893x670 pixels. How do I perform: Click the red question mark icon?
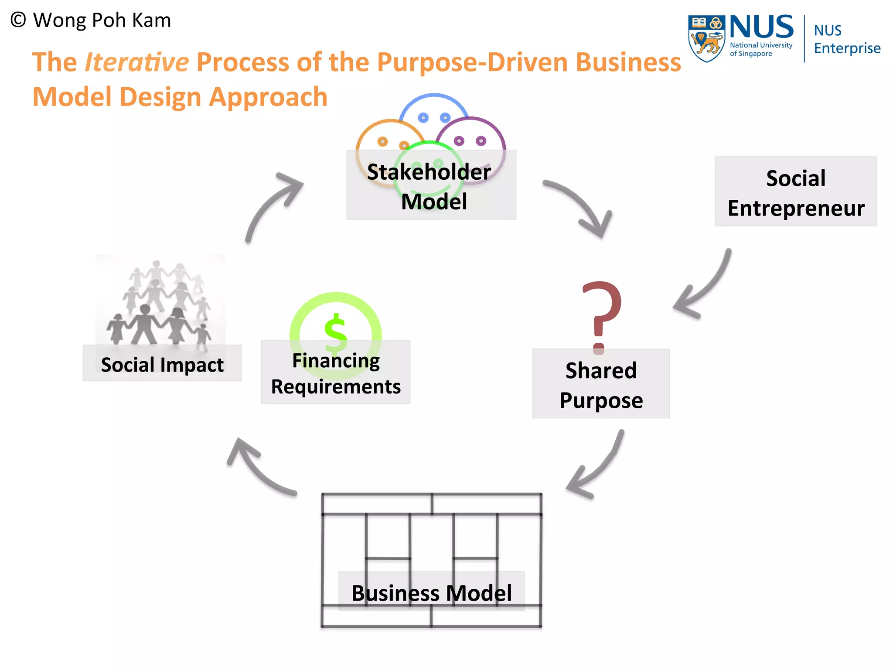tap(602, 314)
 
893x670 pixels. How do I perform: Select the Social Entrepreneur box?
tap(796, 191)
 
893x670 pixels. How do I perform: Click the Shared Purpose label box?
tap(601, 384)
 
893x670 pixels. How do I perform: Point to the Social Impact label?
tap(162, 364)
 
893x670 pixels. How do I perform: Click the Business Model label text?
tap(432, 593)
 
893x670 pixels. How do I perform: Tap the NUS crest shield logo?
tap(706, 38)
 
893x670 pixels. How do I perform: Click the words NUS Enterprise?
tap(847, 39)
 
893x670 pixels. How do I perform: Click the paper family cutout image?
tap(160, 301)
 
